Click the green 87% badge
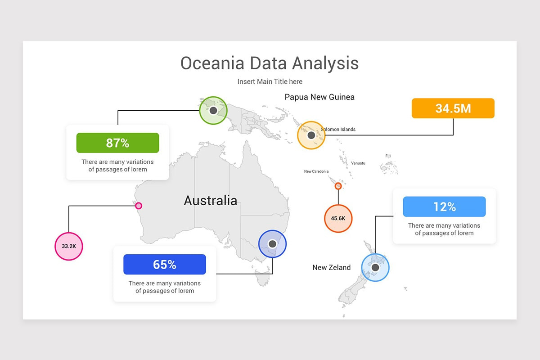(117, 143)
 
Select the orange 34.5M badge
(453, 108)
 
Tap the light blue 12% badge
(444, 207)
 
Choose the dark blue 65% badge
(165, 265)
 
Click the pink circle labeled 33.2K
(69, 246)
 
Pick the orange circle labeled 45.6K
(338, 218)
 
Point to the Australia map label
(210, 200)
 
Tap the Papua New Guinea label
(319, 97)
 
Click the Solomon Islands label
(338, 130)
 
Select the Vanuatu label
(358, 163)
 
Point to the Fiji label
(388, 156)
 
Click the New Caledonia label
(316, 171)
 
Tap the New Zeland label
(331, 267)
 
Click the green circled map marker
(213, 110)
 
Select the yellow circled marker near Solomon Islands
(311, 135)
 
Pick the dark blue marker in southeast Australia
(272, 244)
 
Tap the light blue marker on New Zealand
(375, 267)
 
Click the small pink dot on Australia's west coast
(139, 206)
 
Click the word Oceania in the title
(212, 63)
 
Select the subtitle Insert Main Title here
(270, 81)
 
